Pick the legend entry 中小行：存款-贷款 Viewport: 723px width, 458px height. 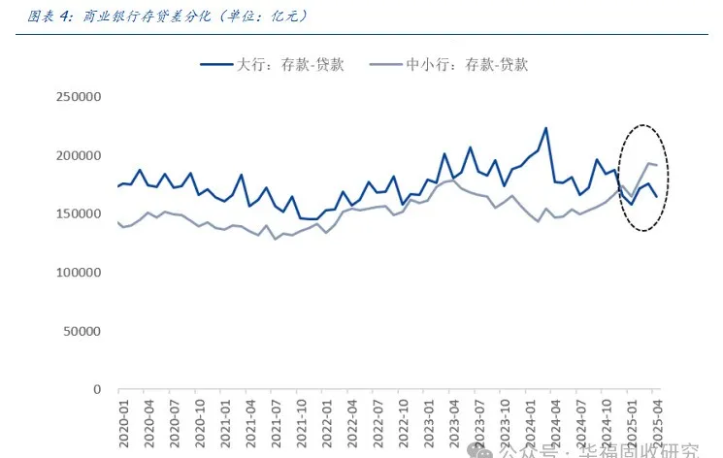pyautogui.click(x=467, y=65)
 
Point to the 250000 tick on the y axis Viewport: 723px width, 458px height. pyautogui.click(x=80, y=97)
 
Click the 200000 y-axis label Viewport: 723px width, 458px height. pyautogui.click(x=80, y=155)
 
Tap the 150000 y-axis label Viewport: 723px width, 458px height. pyautogui.click(x=80, y=213)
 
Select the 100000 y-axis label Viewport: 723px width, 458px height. pyautogui.click(x=80, y=273)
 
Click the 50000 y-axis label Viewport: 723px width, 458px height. pyautogui.click(x=83, y=331)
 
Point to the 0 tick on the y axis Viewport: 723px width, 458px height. pyautogui.click(x=97, y=389)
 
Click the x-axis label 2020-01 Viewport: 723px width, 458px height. pyautogui.click(x=124, y=424)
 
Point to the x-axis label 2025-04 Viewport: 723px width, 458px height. pyautogui.click(x=656, y=424)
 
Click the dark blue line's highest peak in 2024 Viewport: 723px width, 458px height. pyautogui.click(x=545, y=128)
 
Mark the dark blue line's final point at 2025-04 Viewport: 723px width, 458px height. pyautogui.click(x=656, y=197)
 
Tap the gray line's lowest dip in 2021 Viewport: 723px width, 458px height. pyautogui.click(x=276, y=239)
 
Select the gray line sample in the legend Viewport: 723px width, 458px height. pyautogui.click(x=384, y=65)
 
